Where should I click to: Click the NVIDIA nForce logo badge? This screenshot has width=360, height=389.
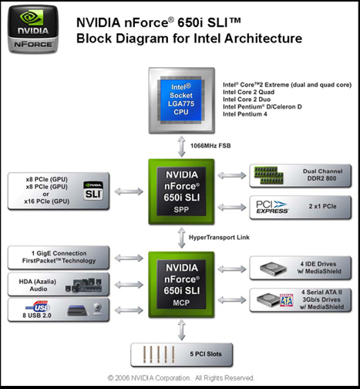[x=33, y=29]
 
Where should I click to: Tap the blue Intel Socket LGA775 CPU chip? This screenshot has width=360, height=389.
[x=181, y=100]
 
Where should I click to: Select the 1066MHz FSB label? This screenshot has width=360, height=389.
[x=210, y=146]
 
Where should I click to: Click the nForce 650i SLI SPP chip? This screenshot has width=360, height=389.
[x=181, y=191]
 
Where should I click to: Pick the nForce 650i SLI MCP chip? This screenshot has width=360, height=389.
[x=181, y=285]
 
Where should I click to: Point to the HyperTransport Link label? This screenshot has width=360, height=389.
[x=219, y=237]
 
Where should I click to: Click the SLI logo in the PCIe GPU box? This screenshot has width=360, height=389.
[x=93, y=191]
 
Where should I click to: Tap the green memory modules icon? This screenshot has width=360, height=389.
[x=268, y=175]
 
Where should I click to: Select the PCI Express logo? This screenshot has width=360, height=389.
[x=272, y=207]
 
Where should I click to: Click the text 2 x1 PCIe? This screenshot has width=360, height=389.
[x=322, y=206]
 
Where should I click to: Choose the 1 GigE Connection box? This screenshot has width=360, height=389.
[x=59, y=257]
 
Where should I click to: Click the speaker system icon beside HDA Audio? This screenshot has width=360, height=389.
[x=83, y=285]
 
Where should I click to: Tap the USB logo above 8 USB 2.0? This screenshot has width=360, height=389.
[x=38, y=306]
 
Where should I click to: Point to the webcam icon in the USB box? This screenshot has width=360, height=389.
[x=98, y=310]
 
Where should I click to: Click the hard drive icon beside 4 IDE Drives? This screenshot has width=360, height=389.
[x=273, y=269]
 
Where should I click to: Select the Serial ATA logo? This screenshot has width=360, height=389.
[x=286, y=300]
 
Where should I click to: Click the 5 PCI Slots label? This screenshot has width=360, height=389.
[x=206, y=354]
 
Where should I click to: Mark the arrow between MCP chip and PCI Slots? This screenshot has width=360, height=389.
[x=182, y=330]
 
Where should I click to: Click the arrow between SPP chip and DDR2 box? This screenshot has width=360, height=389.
[x=232, y=175]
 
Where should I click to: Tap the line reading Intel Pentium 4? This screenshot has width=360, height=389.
[x=245, y=114]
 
